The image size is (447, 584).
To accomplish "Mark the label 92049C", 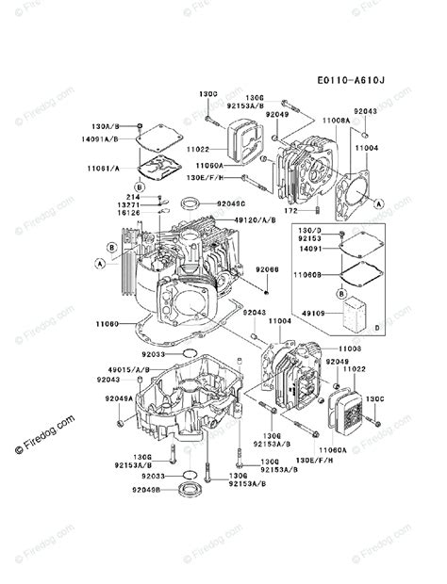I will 231,203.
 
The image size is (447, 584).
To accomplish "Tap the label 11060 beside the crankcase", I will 108,323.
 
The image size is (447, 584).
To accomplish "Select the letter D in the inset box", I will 377,327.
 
